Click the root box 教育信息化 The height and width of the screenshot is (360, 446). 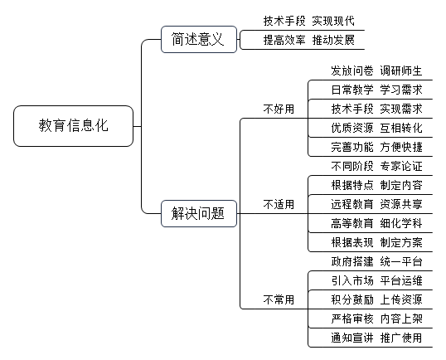(74, 126)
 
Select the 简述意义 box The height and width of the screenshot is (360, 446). (199, 39)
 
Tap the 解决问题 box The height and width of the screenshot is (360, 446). (199, 213)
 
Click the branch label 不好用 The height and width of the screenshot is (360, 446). (279, 109)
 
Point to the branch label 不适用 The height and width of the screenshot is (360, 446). (279, 204)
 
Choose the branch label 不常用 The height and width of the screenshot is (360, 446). (279, 299)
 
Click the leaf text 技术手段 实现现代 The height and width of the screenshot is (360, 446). (309, 21)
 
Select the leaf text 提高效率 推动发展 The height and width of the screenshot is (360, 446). (309, 40)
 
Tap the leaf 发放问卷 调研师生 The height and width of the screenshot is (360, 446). (376, 71)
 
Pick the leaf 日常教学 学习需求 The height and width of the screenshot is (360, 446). (376, 90)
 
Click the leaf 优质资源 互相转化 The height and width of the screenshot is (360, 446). (376, 128)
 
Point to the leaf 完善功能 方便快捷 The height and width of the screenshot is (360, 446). (376, 147)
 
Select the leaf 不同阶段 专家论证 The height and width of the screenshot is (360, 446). (376, 166)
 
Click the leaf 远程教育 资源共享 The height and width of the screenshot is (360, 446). (376, 204)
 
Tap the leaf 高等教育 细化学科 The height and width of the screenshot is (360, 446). (376, 223)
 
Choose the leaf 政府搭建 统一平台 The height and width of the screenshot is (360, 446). (376, 261)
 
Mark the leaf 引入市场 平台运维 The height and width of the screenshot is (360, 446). (376, 280)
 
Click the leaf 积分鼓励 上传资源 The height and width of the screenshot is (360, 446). (376, 299)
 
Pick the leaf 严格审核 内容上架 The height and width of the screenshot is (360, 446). (376, 319)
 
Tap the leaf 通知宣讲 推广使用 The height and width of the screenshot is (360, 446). (376, 338)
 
